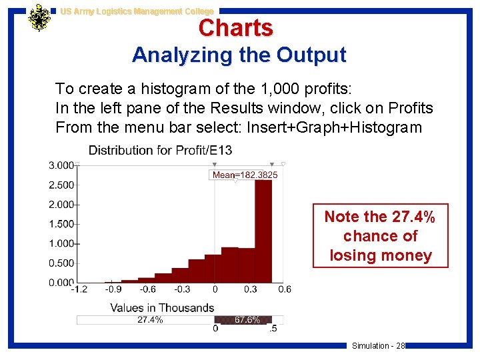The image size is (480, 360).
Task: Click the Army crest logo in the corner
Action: pos(39,19)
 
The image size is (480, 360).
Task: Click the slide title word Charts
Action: pos(235,28)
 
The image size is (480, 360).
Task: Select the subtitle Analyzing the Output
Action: pos(239,55)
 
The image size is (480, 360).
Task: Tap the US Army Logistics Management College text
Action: pos(137,11)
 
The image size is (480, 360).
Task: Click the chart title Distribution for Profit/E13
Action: pos(160,151)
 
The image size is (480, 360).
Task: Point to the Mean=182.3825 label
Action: pos(245,175)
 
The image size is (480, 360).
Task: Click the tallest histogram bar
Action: pos(263,230)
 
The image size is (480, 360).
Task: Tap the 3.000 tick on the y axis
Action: pos(61,165)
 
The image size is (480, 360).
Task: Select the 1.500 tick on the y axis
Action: pos(61,224)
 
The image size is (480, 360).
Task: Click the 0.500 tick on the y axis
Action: pos(61,263)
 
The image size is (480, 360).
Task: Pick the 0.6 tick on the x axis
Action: pos(284,289)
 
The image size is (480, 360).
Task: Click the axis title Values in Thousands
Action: pos(162,307)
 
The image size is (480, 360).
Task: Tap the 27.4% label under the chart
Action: pos(150,320)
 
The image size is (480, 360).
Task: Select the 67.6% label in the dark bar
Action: pos(247,320)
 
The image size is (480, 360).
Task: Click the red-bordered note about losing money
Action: pos(381,235)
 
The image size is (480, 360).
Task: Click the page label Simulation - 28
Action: pos(378,345)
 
